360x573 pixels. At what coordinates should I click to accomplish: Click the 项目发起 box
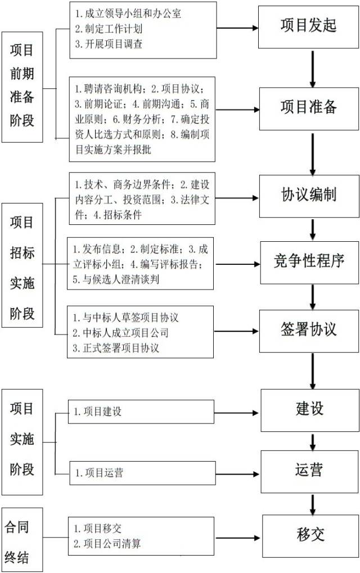pos(308,27)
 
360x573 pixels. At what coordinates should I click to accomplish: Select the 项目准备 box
pos(309,109)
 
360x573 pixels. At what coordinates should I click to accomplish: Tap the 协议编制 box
pos(309,196)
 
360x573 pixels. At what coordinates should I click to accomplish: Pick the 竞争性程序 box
pos(309,263)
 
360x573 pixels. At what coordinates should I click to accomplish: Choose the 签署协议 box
pos(309,331)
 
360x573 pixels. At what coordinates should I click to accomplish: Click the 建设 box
pos(310,410)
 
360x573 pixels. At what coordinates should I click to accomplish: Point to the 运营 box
pos(309,471)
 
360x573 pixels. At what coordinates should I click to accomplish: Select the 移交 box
pos(310,536)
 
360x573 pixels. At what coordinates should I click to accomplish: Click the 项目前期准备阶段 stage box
pos(22,87)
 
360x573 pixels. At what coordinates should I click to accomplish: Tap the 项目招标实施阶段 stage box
pos(22,265)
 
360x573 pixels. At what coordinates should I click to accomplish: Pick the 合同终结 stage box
pos(22,540)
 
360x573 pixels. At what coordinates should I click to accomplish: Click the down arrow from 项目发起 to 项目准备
pos(313,69)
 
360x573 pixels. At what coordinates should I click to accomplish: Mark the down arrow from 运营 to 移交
pos(313,505)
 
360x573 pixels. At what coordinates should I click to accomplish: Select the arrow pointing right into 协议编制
pos(237,198)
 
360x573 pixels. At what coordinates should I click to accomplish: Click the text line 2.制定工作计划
pos(109,29)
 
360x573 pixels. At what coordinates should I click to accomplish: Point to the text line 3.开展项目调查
pos(109,44)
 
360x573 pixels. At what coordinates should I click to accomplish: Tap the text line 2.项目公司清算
pos(107,544)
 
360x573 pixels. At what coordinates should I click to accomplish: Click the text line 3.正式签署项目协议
pos(116,348)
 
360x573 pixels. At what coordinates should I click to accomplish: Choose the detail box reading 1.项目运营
pos(142,473)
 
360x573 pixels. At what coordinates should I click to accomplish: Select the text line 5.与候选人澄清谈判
pos(116,279)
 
